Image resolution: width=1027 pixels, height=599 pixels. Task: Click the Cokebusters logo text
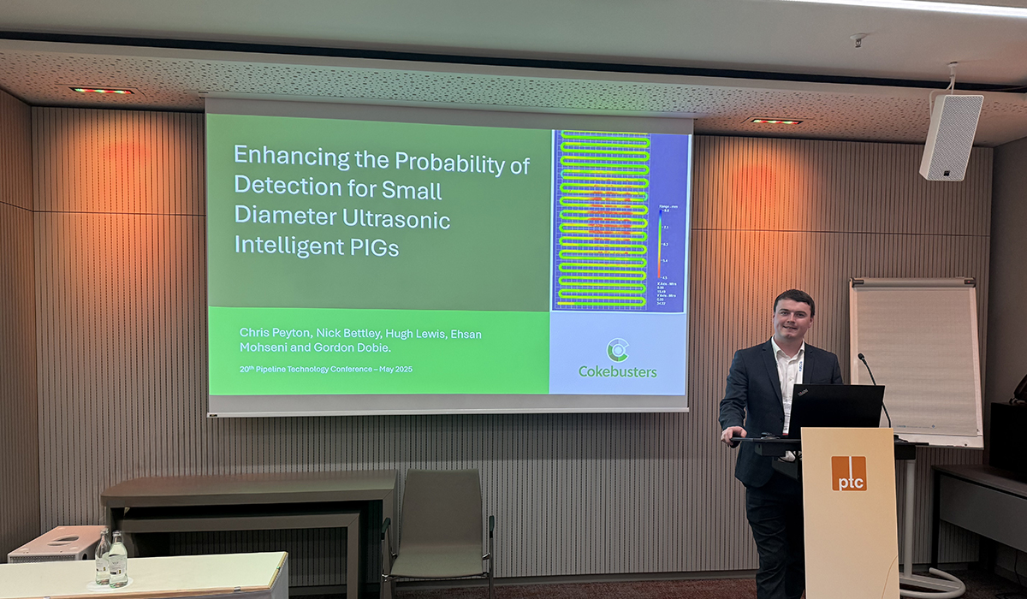[618, 371]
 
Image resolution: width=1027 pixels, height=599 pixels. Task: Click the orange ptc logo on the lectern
[849, 473]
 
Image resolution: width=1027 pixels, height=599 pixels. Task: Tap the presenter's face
[793, 316]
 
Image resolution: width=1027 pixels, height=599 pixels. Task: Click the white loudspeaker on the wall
[951, 136]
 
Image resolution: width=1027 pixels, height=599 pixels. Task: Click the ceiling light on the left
[101, 91]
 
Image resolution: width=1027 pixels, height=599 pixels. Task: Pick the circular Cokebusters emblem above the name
[617, 349]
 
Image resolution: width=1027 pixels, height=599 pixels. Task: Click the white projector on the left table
[56, 544]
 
